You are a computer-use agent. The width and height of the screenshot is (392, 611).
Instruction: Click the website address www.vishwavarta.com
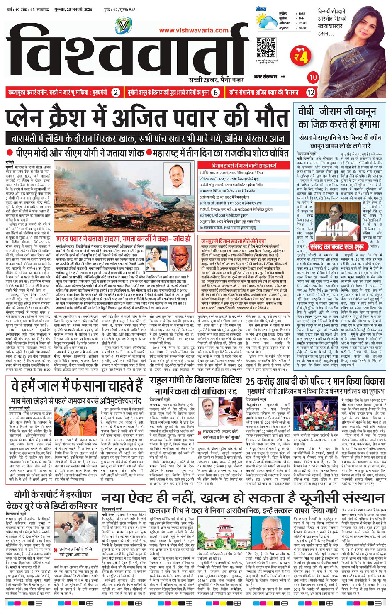pyautogui.click(x=193, y=30)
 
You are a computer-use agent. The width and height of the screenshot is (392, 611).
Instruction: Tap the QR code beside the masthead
pyautogui.click(x=266, y=47)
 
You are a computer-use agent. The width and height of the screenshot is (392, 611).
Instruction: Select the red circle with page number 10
pyautogui.click(x=313, y=77)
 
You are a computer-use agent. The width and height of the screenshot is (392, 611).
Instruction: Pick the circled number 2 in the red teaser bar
pyautogui.click(x=117, y=93)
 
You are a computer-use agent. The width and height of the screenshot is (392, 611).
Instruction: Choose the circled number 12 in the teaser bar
pyautogui.click(x=311, y=93)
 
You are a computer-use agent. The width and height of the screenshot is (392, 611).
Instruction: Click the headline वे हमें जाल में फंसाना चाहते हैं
pyautogui.click(x=77, y=385)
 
